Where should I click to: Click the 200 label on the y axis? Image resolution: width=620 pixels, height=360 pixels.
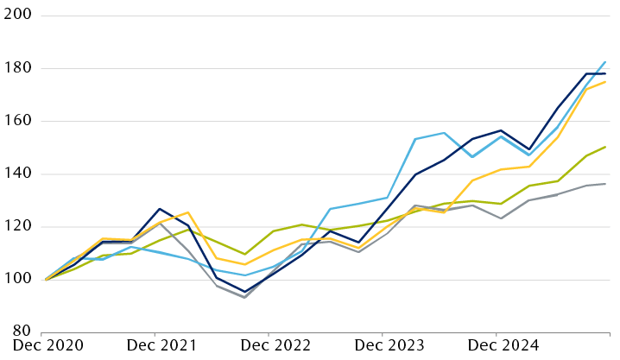17,15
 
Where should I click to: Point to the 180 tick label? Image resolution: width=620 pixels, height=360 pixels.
17,68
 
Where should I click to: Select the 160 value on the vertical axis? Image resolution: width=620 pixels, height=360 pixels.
17,121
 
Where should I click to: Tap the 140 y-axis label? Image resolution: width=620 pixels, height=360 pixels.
17,174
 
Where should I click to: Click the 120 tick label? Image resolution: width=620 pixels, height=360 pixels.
17,226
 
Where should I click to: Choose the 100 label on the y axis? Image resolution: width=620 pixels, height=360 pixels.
17,280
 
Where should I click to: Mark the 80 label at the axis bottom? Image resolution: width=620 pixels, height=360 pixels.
21,332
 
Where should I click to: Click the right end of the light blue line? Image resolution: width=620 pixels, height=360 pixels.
605,62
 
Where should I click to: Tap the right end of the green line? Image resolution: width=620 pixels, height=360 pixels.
605,147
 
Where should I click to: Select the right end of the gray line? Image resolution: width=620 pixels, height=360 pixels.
605,184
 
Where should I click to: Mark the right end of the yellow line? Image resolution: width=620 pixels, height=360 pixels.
605,82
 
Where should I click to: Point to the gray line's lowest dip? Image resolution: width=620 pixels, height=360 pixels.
245,298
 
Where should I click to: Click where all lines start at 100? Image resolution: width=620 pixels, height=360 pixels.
46,280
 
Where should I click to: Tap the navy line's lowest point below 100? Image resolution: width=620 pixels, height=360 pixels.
245,292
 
